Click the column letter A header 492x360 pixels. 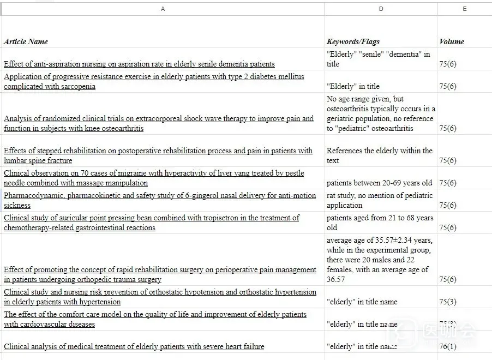(163, 9)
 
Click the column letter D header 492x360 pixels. (381, 9)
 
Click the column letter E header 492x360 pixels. (464, 9)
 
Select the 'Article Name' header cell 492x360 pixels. (26, 41)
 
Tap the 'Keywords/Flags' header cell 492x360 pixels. (353, 41)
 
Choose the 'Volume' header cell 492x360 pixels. (452, 41)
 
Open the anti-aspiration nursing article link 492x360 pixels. (139, 64)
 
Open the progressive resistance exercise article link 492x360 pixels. (154, 82)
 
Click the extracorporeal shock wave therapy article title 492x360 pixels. (158, 124)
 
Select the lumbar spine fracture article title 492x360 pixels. (158, 155)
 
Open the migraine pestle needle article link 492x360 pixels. (154, 178)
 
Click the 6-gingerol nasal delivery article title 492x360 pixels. (159, 200)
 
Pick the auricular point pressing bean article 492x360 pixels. (151, 223)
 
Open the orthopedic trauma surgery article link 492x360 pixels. (160, 274)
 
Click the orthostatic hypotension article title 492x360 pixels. (160, 297)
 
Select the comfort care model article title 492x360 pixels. (155, 319)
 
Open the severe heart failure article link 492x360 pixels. (134, 346)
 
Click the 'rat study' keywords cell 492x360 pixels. (380, 200)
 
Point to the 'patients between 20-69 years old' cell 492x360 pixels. (379, 183)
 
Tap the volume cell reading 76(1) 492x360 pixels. (448, 346)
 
